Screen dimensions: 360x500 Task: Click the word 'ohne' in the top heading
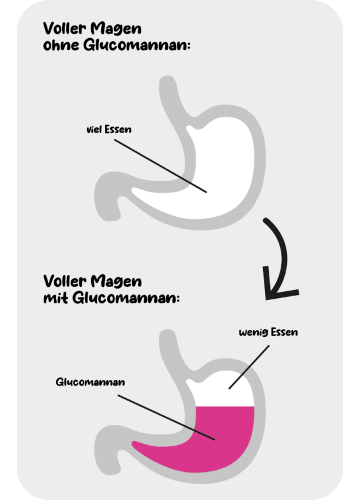click(x=61, y=44)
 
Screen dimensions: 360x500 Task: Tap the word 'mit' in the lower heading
click(x=56, y=298)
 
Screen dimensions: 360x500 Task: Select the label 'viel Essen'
click(x=109, y=129)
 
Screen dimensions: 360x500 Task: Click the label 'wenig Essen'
click(x=268, y=332)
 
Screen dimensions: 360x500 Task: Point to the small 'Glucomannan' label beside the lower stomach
click(x=90, y=382)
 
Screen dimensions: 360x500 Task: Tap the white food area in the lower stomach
click(x=223, y=391)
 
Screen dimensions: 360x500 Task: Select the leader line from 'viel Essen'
click(x=161, y=166)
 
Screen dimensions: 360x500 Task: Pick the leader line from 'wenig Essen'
click(x=249, y=367)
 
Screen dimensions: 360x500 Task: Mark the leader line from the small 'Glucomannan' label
click(x=166, y=417)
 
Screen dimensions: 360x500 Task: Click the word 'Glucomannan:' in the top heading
click(x=137, y=44)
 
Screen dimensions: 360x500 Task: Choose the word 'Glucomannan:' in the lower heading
click(x=126, y=298)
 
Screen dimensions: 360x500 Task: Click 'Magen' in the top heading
click(x=116, y=29)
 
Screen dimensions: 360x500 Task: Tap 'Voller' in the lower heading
click(x=65, y=281)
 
